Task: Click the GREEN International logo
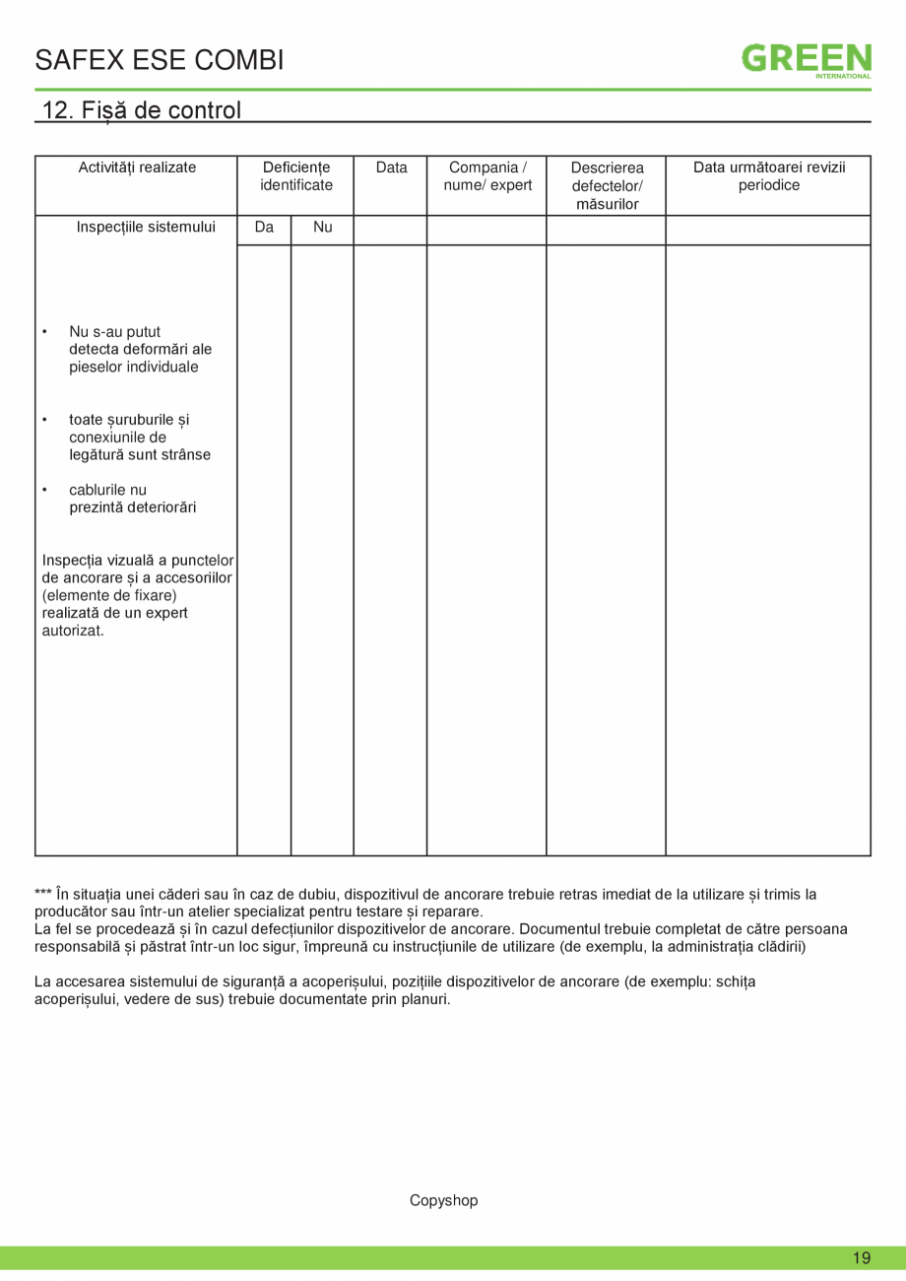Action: pos(806,59)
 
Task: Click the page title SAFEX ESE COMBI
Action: pos(160,60)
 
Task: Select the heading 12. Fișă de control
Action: pos(142,109)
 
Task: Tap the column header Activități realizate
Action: pos(137,168)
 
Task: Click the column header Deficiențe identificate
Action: pos(295,175)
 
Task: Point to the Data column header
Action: pos(391,168)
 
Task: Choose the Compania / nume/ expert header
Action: pos(487,175)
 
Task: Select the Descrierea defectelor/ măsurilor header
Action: pos(607,185)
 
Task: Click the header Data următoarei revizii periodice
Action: pos(769,175)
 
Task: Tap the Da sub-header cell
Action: pos(264,228)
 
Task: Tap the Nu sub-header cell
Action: pos(322,228)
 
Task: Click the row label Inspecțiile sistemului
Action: pos(146,228)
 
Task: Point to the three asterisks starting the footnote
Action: pos(43,895)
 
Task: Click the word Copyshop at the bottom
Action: pos(443,1200)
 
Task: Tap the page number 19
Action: pos(862,1258)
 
